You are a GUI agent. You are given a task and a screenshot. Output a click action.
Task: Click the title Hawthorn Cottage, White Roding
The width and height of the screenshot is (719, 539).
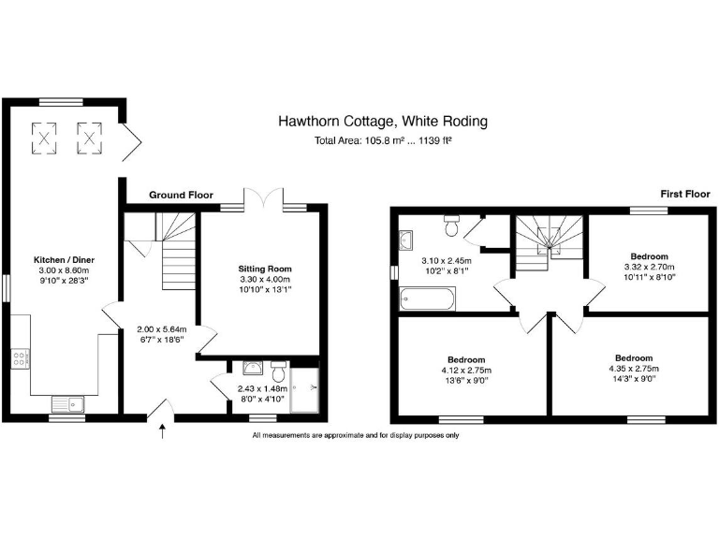coord(382,122)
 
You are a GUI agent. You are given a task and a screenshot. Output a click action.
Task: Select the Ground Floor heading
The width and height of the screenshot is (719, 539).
coord(180,196)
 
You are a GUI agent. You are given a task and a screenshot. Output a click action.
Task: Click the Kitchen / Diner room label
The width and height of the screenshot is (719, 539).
coord(65,259)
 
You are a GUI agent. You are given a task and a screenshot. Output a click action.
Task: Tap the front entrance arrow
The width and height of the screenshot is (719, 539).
coord(165,432)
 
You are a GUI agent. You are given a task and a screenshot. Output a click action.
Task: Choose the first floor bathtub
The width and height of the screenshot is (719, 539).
coord(426,299)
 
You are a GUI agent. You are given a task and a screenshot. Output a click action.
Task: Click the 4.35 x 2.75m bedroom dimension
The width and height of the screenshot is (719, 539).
coord(634,369)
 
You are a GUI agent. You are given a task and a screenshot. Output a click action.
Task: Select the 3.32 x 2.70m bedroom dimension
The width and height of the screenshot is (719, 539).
coord(649,267)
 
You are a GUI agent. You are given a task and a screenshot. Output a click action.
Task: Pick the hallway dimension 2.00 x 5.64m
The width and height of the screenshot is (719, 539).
coord(162,329)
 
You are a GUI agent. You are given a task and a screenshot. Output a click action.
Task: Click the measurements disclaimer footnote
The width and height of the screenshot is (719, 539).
coord(355,435)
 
